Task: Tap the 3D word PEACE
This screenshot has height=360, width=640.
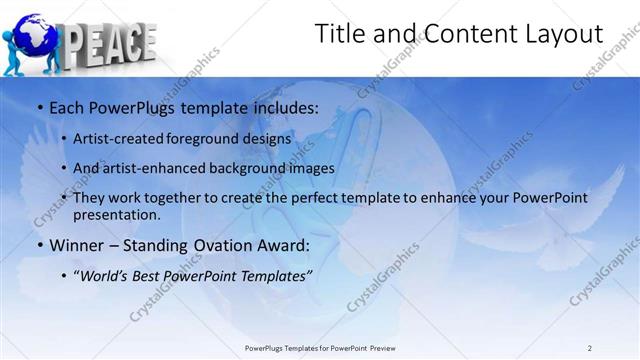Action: tap(109, 42)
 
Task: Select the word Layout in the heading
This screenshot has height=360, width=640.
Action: tap(565, 34)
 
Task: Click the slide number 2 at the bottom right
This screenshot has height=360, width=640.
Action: tap(590, 348)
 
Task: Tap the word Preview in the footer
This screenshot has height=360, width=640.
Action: tap(391, 348)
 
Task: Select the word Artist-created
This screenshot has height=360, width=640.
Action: tap(117, 138)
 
